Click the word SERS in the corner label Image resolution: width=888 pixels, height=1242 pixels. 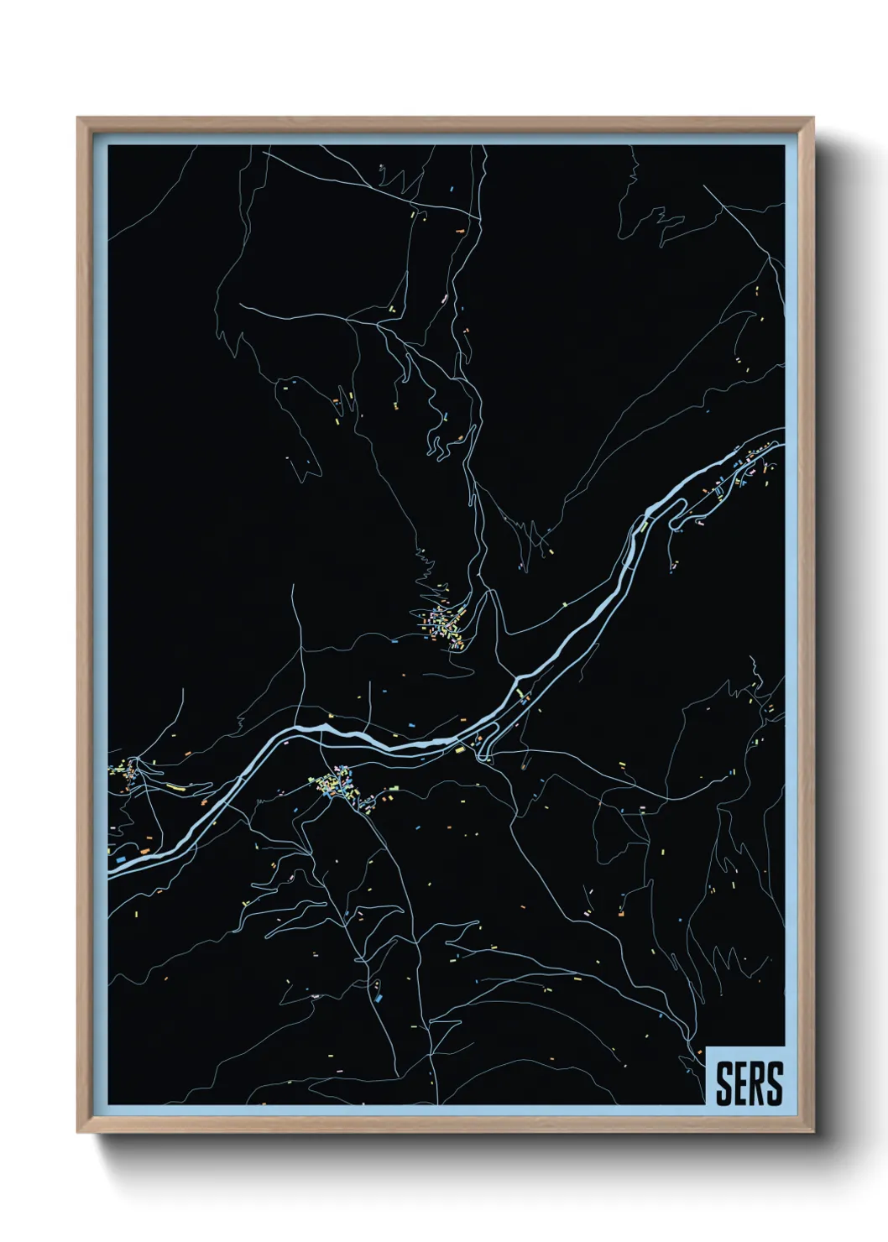[749, 1083]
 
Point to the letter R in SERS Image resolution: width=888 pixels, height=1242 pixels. [757, 1083]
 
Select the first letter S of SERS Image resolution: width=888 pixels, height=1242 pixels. [723, 1083]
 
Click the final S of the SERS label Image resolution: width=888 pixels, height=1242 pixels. [774, 1083]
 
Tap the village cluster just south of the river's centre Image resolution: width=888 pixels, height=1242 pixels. [337, 786]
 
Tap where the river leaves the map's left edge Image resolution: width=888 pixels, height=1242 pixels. [112, 871]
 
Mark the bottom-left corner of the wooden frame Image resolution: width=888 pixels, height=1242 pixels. [79, 1132]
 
